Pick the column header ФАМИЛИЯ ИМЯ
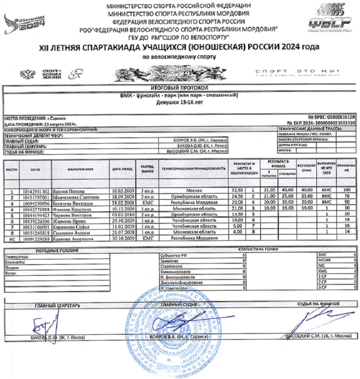[x=80, y=169]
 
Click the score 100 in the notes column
[x=347, y=191]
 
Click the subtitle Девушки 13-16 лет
[x=180, y=103]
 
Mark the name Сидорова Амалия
[x=72, y=231]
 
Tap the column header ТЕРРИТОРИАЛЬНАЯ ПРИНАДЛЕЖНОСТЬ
[x=193, y=169]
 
